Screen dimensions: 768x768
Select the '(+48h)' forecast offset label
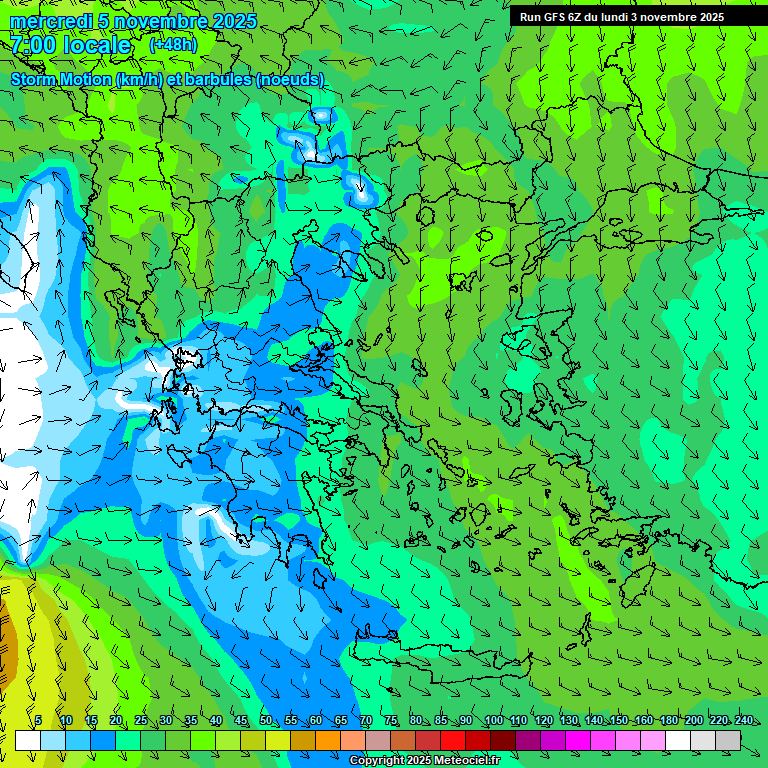pyautogui.click(x=173, y=45)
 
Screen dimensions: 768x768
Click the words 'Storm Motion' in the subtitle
pyautogui.click(x=61, y=79)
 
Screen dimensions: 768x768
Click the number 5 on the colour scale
pyautogui.click(x=38, y=721)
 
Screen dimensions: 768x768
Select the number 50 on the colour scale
pyautogui.click(x=266, y=721)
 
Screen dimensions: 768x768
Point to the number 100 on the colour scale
pyautogui.click(x=494, y=721)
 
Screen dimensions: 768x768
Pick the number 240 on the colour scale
pyautogui.click(x=744, y=721)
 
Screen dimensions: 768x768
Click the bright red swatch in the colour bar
pyautogui.click(x=453, y=740)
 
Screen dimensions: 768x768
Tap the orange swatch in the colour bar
pyautogui.click(x=328, y=740)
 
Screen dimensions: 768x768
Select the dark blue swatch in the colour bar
pyautogui.click(x=103, y=740)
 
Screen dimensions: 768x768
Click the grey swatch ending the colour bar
pyautogui.click(x=728, y=740)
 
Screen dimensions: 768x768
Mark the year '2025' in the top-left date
pyautogui.click(x=234, y=22)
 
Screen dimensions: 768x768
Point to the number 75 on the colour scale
pyautogui.click(x=391, y=721)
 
